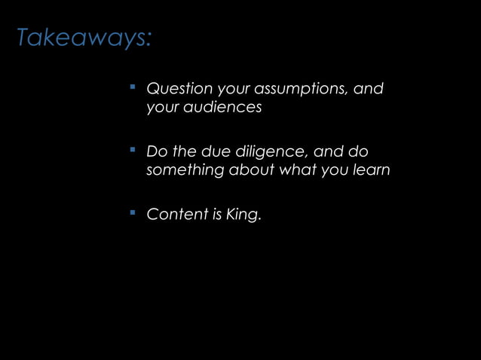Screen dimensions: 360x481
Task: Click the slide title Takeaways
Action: tap(84, 38)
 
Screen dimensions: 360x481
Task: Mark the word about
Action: tap(251, 170)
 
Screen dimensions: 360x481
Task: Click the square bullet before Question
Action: tap(132, 87)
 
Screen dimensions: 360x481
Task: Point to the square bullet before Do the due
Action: tap(132, 150)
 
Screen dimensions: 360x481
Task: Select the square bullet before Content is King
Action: tap(132, 212)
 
